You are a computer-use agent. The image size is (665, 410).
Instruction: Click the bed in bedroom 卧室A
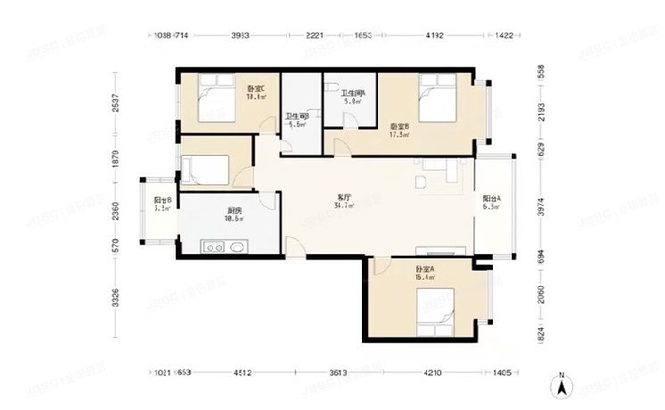[442, 308]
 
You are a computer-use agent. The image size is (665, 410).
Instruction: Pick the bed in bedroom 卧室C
[215, 99]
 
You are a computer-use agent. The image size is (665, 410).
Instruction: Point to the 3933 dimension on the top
[240, 37]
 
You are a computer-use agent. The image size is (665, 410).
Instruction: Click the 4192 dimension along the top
[434, 37]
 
